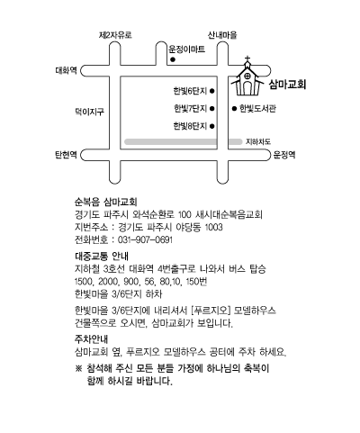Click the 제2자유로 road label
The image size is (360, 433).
(115, 35)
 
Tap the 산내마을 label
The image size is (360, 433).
(222, 35)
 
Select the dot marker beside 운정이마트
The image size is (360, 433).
(173, 59)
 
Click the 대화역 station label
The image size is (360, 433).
(66, 70)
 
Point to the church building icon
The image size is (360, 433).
(247, 78)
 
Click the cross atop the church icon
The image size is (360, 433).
(247, 59)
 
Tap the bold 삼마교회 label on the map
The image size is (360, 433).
(287, 85)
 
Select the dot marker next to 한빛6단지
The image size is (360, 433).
(212, 91)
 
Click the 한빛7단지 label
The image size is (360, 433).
(191, 108)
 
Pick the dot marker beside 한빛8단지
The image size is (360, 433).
(212, 126)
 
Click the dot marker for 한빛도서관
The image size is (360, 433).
(234, 108)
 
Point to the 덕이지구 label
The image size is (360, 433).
(89, 112)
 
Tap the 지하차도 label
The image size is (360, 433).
(258, 141)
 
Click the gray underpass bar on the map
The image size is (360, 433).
(184, 141)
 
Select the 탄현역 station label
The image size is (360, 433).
(66, 155)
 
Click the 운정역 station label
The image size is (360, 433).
(284, 155)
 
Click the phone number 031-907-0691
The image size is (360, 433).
(145, 240)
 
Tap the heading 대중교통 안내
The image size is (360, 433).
(102, 257)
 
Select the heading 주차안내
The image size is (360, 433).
(91, 339)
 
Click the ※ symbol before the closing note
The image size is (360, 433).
(78, 368)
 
